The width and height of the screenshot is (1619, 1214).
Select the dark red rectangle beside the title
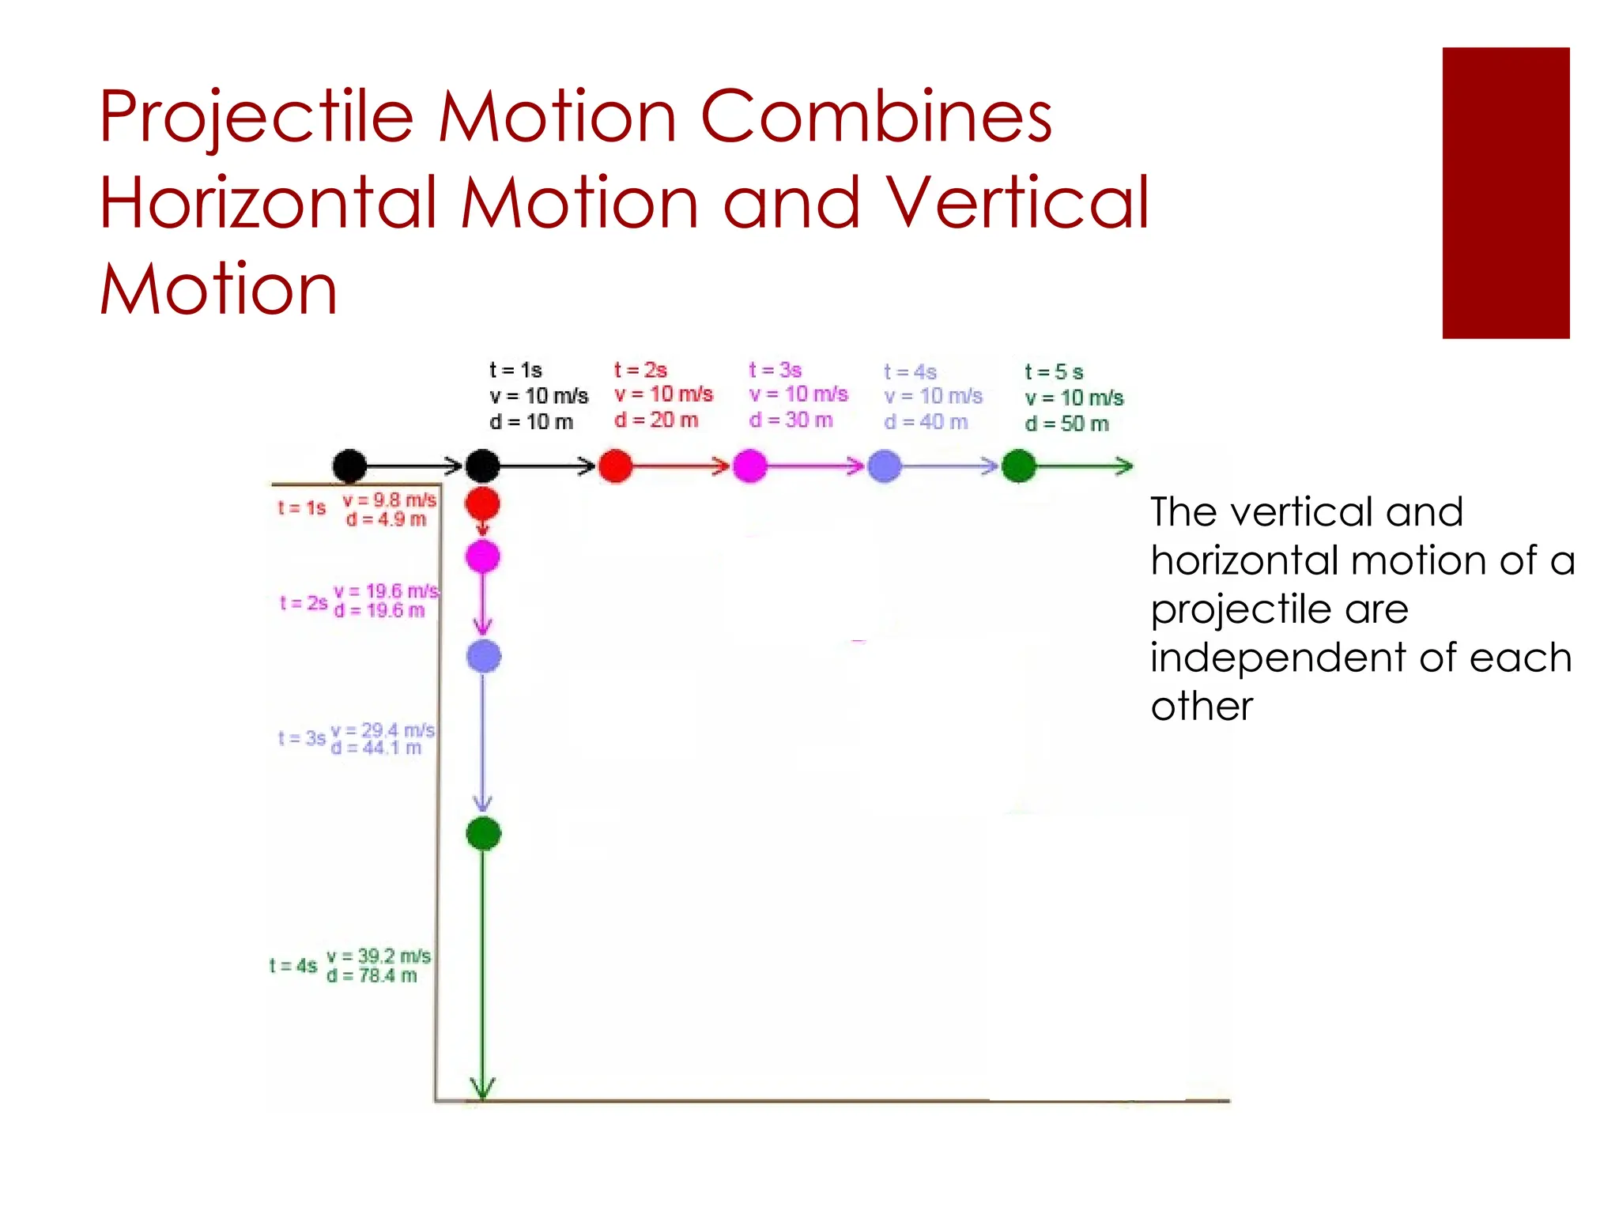[x=1505, y=193]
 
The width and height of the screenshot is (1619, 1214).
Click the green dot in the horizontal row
[x=1018, y=466]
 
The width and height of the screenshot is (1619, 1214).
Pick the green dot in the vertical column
[x=483, y=833]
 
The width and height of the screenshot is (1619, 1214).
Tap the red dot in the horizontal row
[x=615, y=466]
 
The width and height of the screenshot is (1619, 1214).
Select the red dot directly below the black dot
[x=482, y=503]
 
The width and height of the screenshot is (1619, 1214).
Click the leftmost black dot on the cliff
[x=349, y=466]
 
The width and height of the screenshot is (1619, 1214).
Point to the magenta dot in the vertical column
[x=482, y=556]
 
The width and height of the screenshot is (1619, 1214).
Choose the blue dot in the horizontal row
[x=884, y=466]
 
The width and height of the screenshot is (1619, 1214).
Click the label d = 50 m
[x=1066, y=424]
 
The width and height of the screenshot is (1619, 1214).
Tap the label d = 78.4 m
[x=372, y=975]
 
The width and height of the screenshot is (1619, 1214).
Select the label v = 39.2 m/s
[x=379, y=956]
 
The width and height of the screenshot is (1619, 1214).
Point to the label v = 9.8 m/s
[x=389, y=500]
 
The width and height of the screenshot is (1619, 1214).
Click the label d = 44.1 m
[x=376, y=748]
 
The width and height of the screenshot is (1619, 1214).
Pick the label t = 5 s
[x=1053, y=371]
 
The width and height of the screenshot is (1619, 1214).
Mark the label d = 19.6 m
[x=379, y=610]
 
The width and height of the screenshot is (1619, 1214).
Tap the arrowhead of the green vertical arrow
[x=482, y=1089]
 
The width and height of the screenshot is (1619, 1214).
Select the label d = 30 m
[x=791, y=420]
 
